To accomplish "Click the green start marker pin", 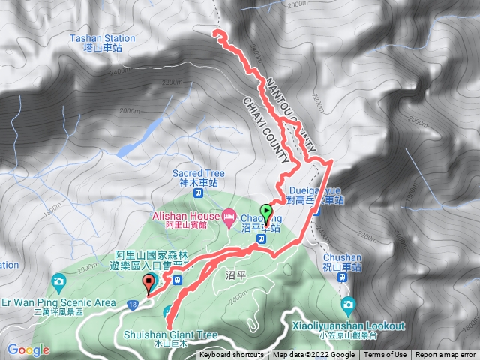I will (265, 212).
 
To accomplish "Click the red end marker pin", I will (148, 283).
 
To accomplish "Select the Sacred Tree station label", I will (199, 178).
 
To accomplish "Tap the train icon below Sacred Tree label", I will (197, 193).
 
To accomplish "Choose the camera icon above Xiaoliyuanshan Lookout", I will (347, 304).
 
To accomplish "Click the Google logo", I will (28, 349).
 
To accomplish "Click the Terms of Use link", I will (385, 355).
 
